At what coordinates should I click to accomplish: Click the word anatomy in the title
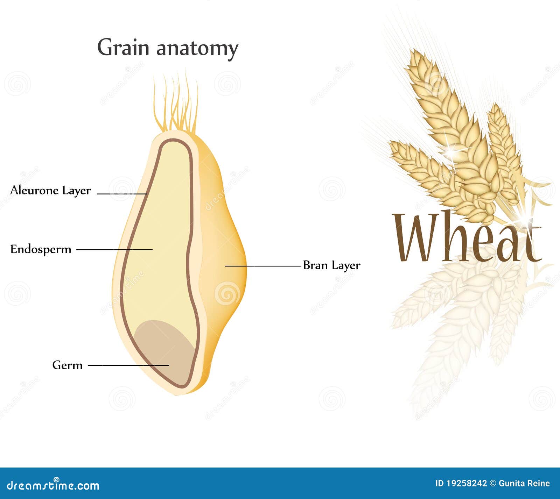[x=197, y=49]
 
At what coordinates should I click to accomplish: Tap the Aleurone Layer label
[x=51, y=191]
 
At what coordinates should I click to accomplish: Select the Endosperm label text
[x=41, y=250]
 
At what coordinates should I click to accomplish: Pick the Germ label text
[x=67, y=365]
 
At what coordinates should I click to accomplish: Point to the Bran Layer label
[x=331, y=265]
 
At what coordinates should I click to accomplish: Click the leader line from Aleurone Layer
[x=121, y=194]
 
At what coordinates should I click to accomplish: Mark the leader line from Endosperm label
[x=114, y=250]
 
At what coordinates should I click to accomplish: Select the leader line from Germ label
[x=128, y=365]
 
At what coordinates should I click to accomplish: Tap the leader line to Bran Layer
[x=263, y=266]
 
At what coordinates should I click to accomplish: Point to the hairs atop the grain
[x=176, y=103]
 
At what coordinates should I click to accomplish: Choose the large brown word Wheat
[x=467, y=237]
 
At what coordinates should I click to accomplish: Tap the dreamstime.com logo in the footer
[x=53, y=485]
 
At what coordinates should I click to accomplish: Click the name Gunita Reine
[x=524, y=484]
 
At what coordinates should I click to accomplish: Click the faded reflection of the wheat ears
[x=469, y=325]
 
